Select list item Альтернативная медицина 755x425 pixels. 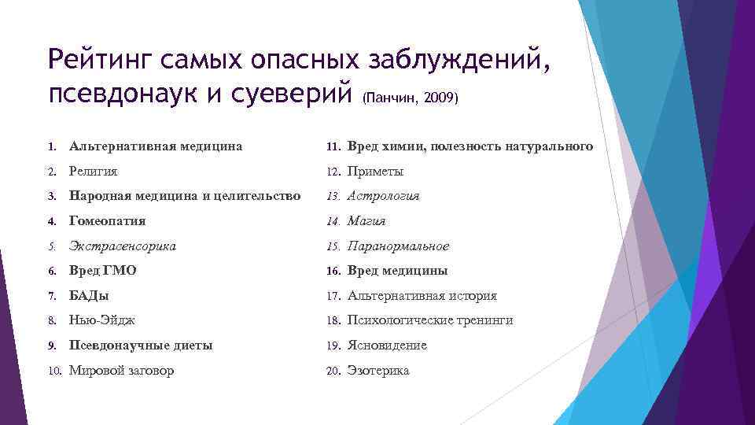(x=155, y=146)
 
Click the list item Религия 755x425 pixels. (x=94, y=172)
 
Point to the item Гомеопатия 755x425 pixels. (x=107, y=221)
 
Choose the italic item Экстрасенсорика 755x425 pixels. (x=122, y=246)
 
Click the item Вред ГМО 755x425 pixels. (x=102, y=271)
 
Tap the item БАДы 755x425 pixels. (x=89, y=296)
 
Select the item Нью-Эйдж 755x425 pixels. (x=102, y=320)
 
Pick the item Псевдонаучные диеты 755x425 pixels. (x=141, y=346)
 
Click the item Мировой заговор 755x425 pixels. (x=122, y=371)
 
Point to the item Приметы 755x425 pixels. (x=375, y=172)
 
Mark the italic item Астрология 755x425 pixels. (x=383, y=196)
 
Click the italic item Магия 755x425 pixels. (x=366, y=221)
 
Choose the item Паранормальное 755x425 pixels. (x=398, y=246)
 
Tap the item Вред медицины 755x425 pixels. (x=397, y=271)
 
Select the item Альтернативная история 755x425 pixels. (x=422, y=296)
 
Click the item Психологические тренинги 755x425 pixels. (x=430, y=320)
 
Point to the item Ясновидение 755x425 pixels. (x=387, y=346)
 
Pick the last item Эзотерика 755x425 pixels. (x=378, y=371)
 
